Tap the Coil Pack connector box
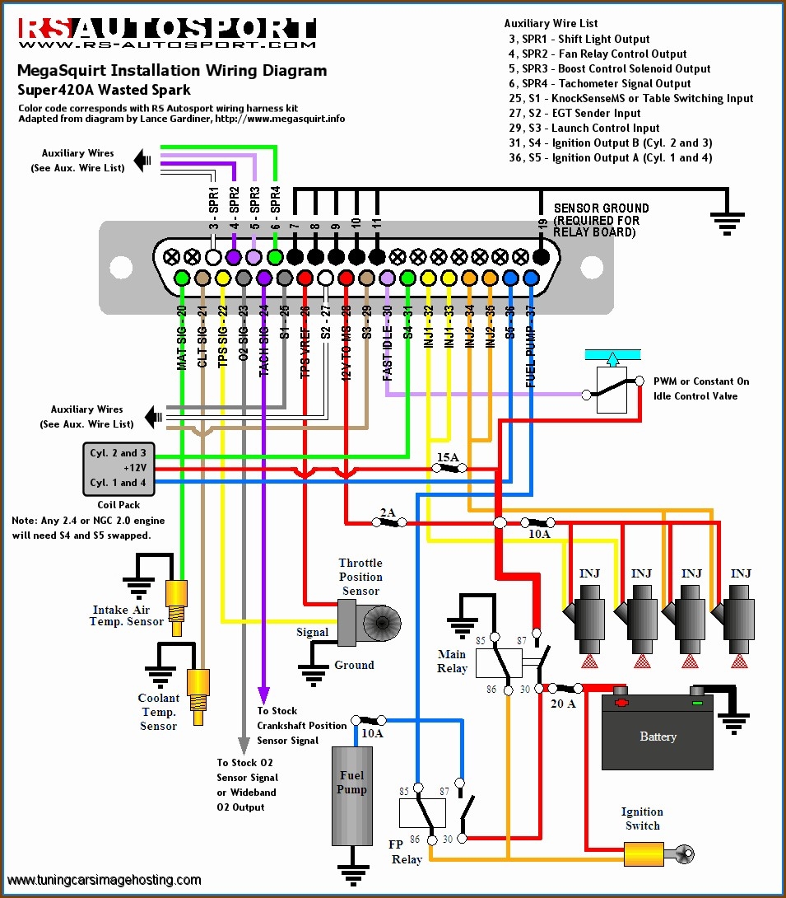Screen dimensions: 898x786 (x=119, y=468)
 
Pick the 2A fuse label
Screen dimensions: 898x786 (x=387, y=512)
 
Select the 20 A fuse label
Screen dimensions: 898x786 (x=563, y=703)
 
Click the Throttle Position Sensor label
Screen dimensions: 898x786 (x=360, y=577)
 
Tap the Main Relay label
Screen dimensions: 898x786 (x=452, y=662)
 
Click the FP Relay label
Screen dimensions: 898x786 (x=406, y=851)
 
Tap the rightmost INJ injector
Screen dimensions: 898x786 (x=738, y=614)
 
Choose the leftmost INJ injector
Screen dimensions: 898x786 (x=588, y=614)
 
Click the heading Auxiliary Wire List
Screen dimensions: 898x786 (x=551, y=23)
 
